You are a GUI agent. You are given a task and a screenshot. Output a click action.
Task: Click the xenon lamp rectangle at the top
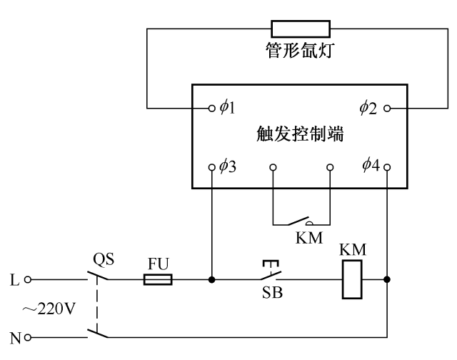(301, 29)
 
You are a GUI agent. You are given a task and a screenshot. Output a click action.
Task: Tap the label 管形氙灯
(301, 52)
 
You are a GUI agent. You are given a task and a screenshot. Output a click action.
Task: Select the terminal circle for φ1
(211, 109)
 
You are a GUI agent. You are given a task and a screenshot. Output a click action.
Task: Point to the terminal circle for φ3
(211, 169)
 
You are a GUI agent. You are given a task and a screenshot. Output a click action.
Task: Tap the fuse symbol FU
(157, 279)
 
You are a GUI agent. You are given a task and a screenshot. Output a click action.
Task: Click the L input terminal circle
(29, 279)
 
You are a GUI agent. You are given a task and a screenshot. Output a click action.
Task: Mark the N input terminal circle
(29, 336)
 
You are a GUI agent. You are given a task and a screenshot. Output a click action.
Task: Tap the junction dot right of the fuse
(212, 279)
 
